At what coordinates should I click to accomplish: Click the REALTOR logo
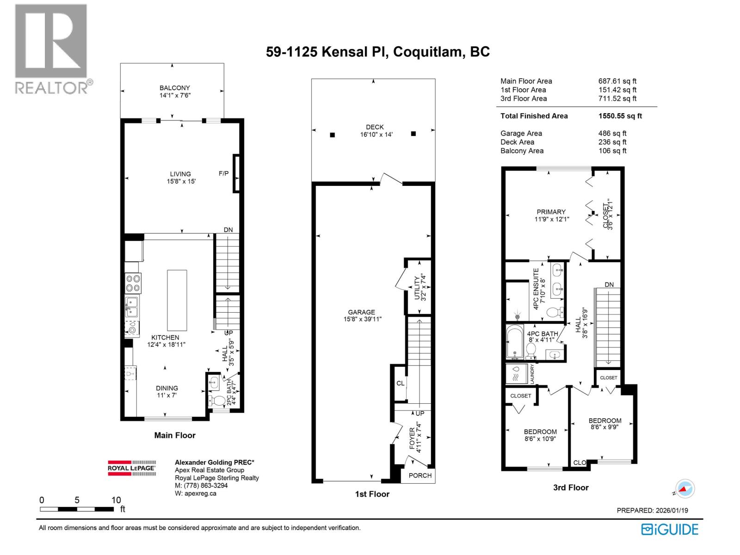point(51,49)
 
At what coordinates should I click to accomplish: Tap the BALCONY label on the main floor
point(174,88)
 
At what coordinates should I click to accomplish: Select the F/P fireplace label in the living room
point(223,173)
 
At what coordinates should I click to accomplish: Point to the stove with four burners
point(133,283)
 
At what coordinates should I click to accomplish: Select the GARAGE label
point(361,312)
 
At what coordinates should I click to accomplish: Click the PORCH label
point(420,475)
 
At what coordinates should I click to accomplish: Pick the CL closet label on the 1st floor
point(400,383)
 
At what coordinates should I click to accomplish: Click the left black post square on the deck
point(332,135)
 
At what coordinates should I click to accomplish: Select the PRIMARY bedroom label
point(551,212)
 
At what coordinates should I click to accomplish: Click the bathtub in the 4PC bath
point(514,343)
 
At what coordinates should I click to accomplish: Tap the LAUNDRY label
point(532,373)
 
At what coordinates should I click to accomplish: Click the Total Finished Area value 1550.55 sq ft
point(620,116)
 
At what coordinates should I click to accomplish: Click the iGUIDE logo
point(669,529)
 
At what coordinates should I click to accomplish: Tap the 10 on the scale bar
point(116,500)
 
